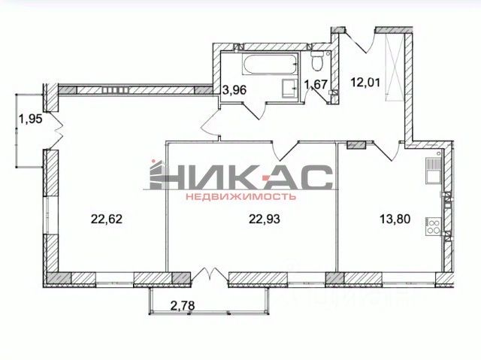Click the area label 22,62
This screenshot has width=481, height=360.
[x=107, y=219]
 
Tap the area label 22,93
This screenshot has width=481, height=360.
[x=264, y=219]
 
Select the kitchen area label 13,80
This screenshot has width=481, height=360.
[x=395, y=219]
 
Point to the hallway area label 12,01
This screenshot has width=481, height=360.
[x=366, y=82]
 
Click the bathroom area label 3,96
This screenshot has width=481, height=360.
[x=234, y=90]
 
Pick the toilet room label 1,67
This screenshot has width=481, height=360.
[x=316, y=84]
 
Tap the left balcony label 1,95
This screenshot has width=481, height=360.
[x=30, y=118]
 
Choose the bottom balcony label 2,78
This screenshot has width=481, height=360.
[x=183, y=305]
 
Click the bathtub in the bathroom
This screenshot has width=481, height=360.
[x=270, y=64]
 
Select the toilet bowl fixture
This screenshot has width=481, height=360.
[x=316, y=61]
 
